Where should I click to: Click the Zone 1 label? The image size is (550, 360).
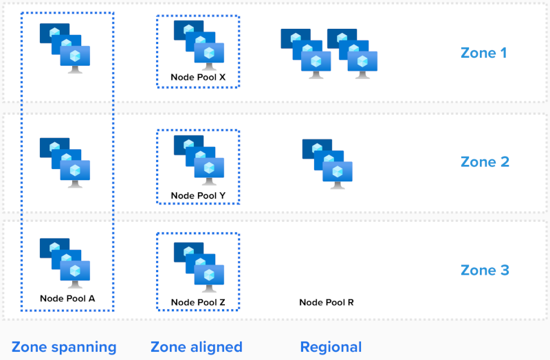(484, 52)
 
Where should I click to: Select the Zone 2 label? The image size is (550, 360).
(484, 161)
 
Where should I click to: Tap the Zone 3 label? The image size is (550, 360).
(484, 270)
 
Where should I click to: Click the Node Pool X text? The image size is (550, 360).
(198, 78)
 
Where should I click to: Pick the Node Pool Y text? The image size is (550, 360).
(198, 196)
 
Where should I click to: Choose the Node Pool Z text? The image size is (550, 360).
(198, 302)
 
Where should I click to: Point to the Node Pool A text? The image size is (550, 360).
(67, 298)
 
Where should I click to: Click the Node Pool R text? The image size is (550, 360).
(327, 302)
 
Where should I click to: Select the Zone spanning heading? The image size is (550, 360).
(64, 347)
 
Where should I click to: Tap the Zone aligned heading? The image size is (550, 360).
(197, 347)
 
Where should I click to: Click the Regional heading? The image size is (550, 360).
(331, 347)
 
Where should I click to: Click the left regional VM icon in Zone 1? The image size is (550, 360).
(306, 54)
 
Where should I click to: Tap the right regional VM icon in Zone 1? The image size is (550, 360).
(353, 54)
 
